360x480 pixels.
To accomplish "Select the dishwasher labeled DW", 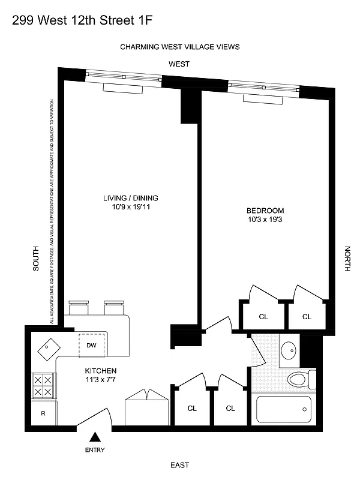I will point(92,345).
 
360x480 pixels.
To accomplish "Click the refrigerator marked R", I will point(43,413).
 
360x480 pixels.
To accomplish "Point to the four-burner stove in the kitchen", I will point(43,386).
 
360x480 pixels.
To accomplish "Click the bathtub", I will point(284,410).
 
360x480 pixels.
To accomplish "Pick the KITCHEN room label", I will point(100,371).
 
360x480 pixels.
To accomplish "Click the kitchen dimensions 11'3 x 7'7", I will point(100,380).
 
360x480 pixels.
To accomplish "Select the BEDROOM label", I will point(265,211).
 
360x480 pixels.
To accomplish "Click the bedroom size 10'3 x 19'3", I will point(265,220).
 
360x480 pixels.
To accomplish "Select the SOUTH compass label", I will point(35,259).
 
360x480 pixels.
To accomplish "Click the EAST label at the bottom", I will point(179,465).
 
